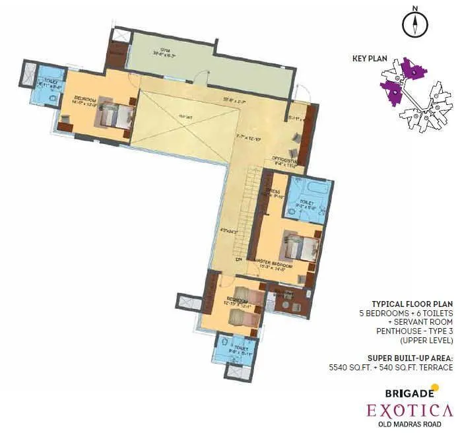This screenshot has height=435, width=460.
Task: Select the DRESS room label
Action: coord(273,192)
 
